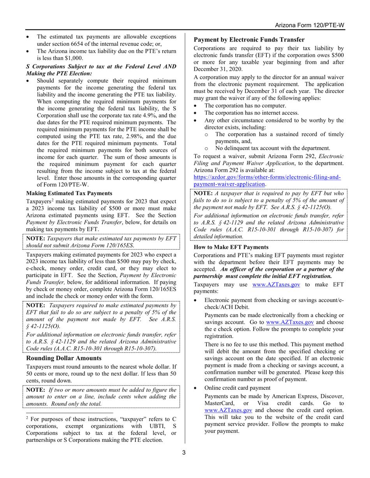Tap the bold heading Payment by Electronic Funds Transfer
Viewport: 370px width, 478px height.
[x=249, y=40]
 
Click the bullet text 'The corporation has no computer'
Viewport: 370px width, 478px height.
[x=245, y=106]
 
